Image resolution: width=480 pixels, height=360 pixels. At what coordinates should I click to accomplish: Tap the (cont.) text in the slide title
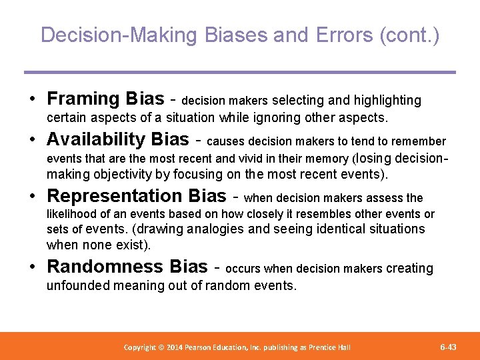point(409,35)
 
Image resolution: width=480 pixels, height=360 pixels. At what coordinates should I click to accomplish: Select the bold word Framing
point(83,99)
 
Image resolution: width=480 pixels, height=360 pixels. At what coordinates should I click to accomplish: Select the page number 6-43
point(448,347)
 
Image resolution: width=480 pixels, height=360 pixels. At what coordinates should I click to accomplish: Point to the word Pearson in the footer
point(209,347)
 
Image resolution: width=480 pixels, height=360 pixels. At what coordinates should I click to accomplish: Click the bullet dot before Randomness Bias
point(33,267)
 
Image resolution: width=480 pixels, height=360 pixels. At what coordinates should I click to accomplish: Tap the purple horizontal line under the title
point(240,72)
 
